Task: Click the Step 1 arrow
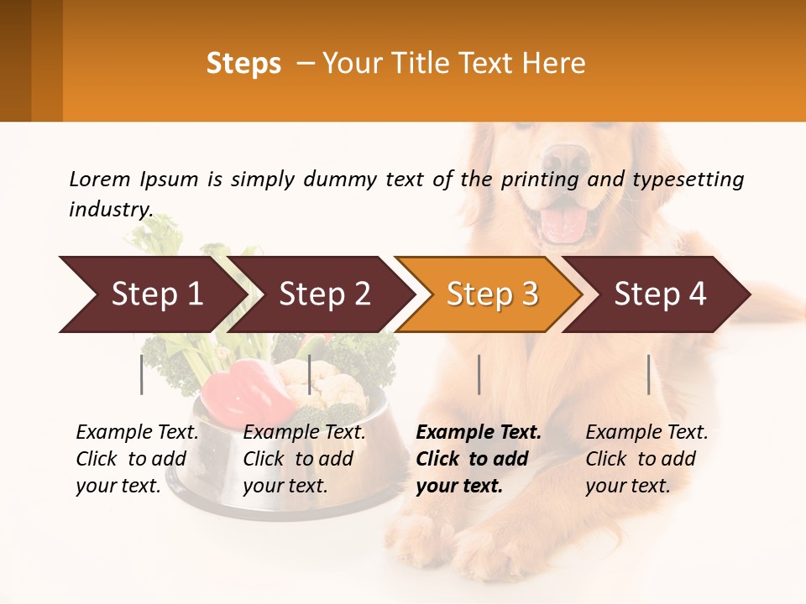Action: click(151, 294)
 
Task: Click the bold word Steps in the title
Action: click(243, 64)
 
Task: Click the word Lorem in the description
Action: click(100, 179)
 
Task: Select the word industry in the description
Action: click(110, 209)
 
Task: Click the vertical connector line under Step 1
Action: click(142, 374)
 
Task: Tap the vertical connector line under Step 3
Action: click(479, 374)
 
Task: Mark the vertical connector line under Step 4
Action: click(649, 374)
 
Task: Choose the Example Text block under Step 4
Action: click(646, 458)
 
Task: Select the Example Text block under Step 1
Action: click(137, 458)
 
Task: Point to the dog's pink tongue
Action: click(563, 223)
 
